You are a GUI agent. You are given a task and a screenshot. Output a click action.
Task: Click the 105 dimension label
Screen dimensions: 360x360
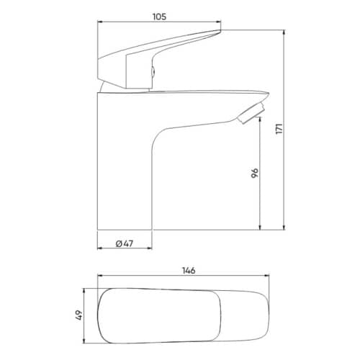tap(160, 17)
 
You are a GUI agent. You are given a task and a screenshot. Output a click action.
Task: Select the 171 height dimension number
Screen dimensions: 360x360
tap(279, 129)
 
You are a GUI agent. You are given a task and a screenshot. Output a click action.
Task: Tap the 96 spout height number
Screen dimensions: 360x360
tap(255, 173)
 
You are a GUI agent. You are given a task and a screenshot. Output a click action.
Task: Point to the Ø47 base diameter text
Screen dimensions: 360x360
tap(125, 243)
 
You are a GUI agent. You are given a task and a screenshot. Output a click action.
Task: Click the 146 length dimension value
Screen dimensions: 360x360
tap(189, 271)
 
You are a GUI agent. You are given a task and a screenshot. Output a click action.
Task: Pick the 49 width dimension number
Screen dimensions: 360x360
tap(79, 315)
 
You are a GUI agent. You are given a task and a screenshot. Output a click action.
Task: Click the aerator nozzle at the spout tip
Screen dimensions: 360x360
tap(251, 112)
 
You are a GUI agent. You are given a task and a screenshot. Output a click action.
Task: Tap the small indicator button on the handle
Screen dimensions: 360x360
tap(153, 71)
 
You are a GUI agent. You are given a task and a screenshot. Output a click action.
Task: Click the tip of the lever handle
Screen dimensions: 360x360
tap(220, 30)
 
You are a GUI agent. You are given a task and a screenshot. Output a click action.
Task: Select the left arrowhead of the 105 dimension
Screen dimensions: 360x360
tap(100, 22)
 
